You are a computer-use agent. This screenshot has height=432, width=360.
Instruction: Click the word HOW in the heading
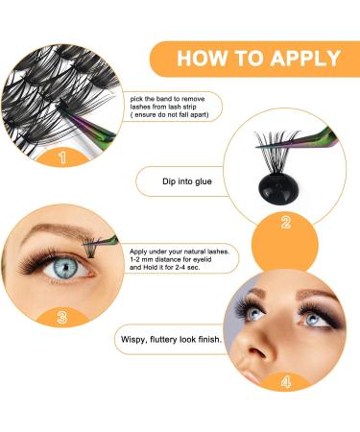205,59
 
